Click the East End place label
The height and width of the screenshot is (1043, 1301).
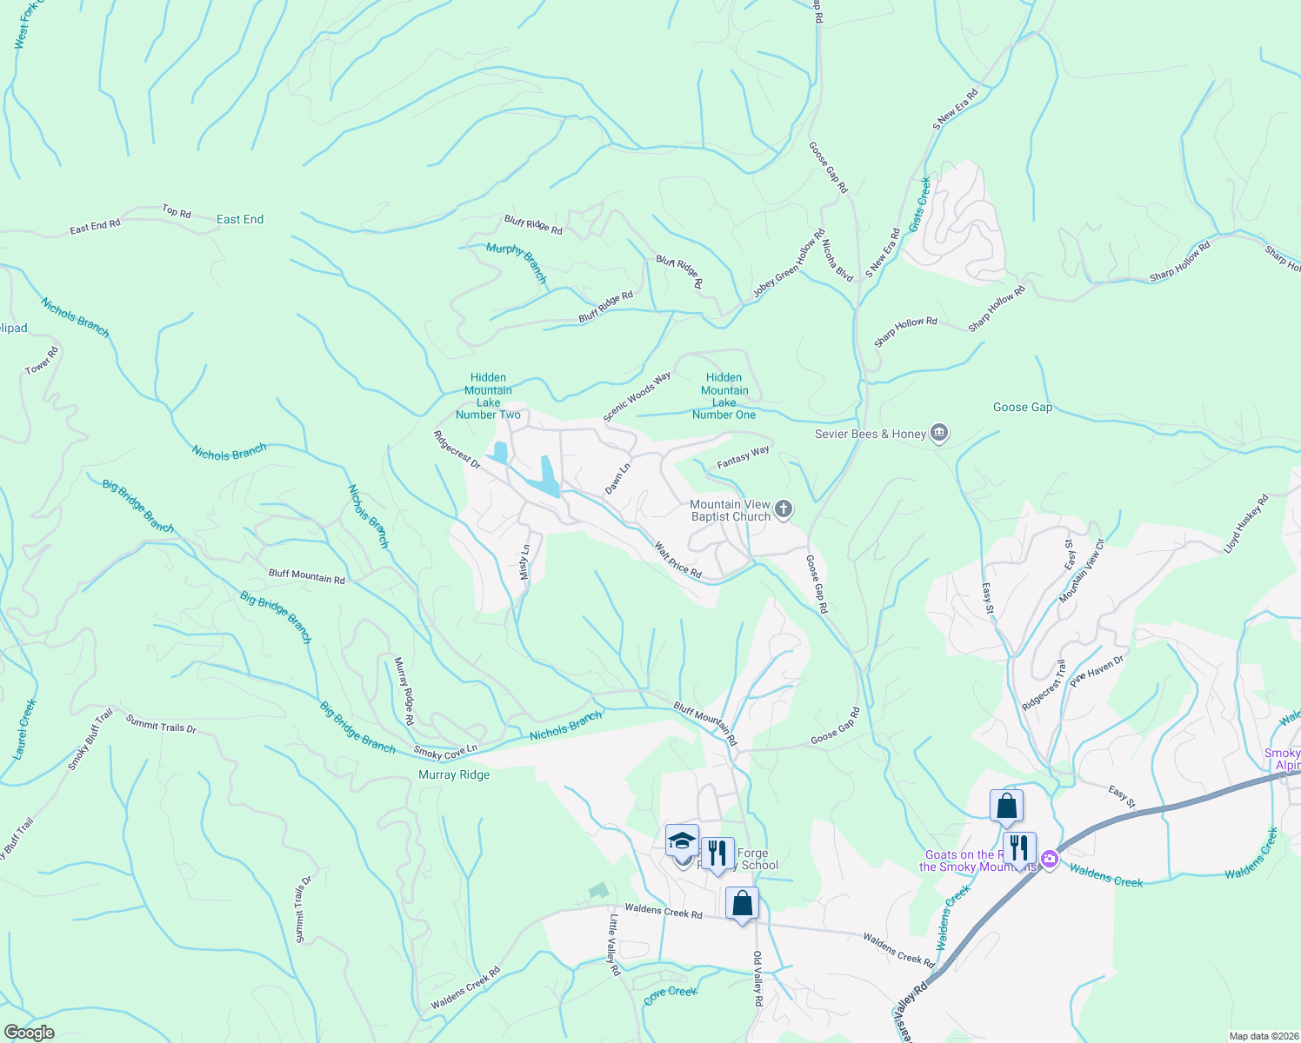(240, 220)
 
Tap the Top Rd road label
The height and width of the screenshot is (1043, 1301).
(176, 211)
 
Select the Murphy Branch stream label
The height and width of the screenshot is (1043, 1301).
(517, 262)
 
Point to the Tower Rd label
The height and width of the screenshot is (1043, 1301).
(42, 361)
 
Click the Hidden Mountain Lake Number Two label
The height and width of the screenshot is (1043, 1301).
(488, 396)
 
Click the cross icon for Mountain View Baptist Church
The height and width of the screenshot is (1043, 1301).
(784, 509)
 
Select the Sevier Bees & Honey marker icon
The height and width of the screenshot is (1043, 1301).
(938, 433)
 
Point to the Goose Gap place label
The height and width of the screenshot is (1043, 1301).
(1023, 408)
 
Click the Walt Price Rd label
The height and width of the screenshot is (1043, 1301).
(678, 561)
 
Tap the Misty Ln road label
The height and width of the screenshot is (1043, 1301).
(524, 562)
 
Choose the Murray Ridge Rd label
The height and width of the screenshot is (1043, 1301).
(404, 691)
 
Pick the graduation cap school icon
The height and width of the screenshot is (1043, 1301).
(683, 841)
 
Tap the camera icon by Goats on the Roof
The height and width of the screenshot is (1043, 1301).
(1049, 860)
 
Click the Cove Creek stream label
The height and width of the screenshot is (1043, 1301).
(671, 992)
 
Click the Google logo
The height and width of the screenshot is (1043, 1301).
(30, 1033)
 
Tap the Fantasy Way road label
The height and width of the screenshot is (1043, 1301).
(743, 457)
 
